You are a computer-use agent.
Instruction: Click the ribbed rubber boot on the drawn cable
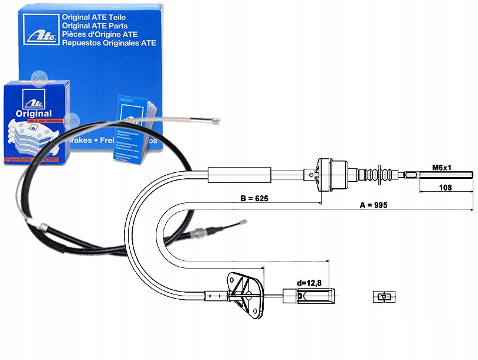(381, 175)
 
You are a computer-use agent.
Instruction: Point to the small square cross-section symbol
(382, 297)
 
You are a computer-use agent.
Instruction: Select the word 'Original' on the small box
(35, 113)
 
